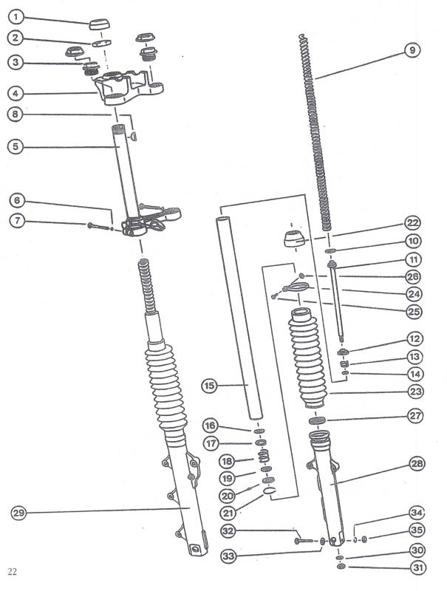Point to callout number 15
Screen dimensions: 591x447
(209, 386)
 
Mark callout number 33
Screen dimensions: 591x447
(228, 555)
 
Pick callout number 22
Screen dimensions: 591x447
(413, 222)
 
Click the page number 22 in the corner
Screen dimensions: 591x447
(13, 572)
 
